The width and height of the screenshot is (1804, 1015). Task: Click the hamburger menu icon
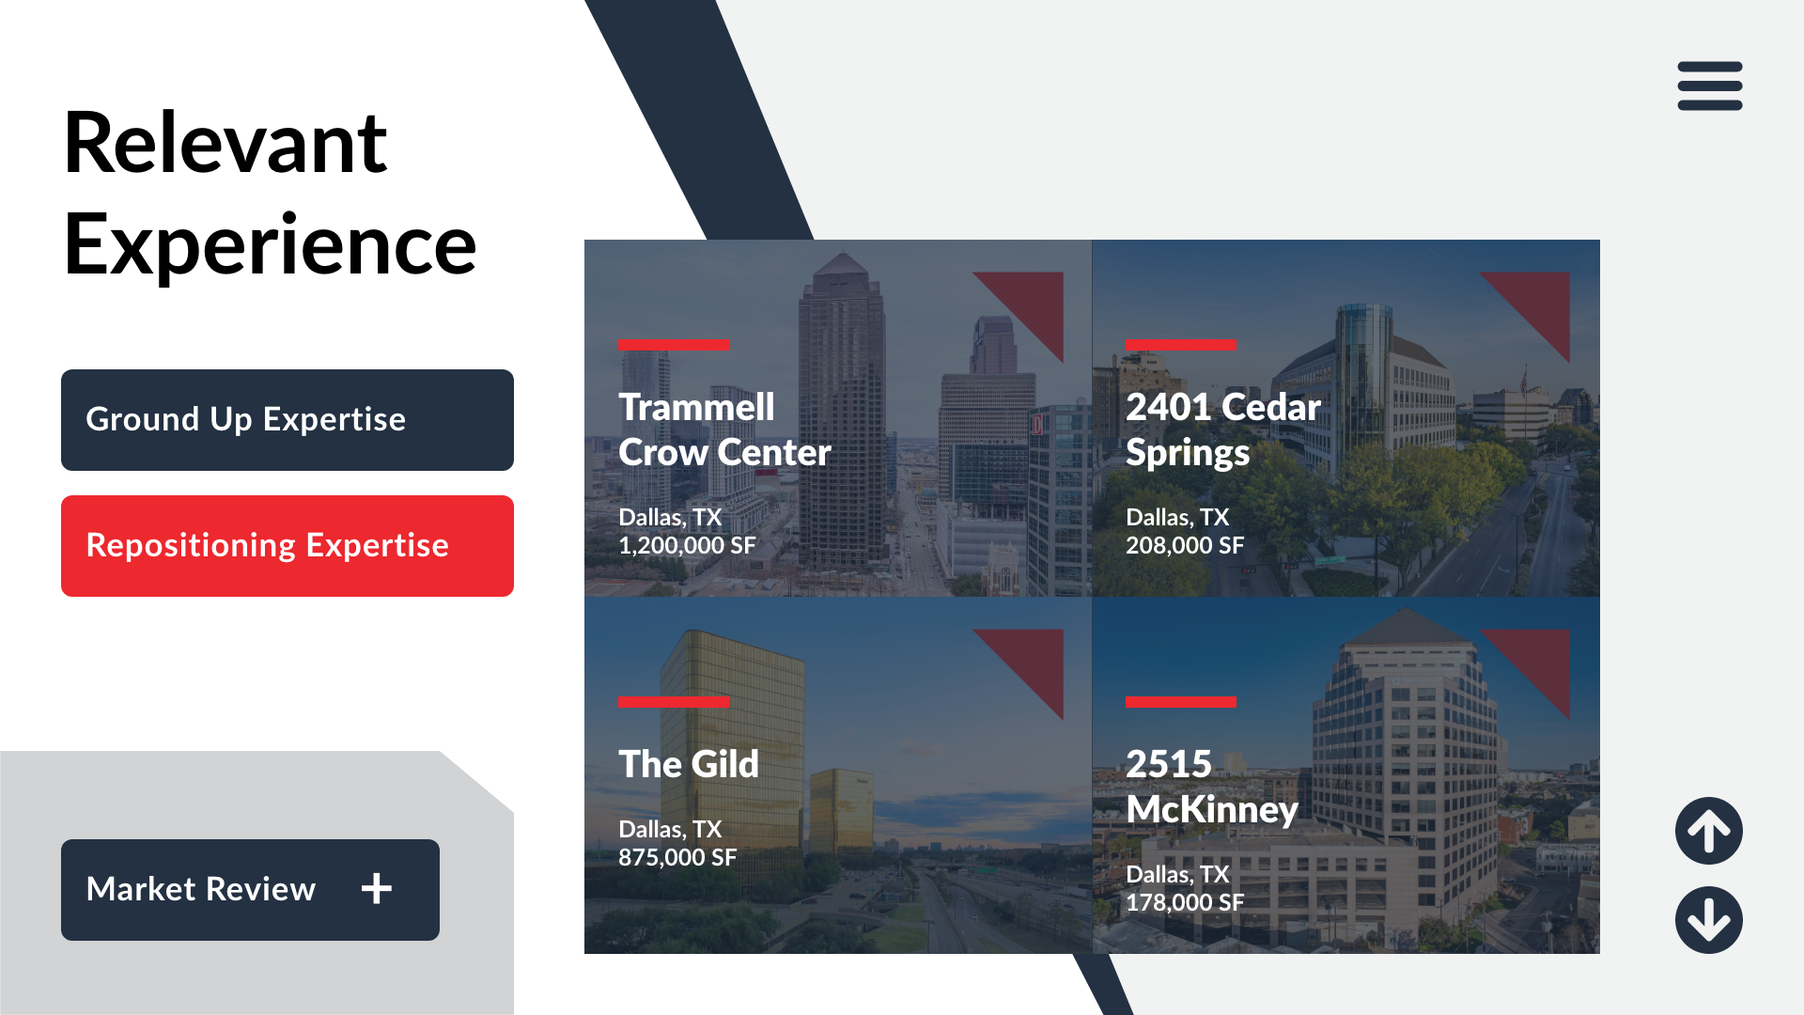pos(1710,86)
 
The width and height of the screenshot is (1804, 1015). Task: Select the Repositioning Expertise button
pos(288,546)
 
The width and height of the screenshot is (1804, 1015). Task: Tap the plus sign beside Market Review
pos(377,888)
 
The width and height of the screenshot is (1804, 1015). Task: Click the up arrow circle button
pos(1709,831)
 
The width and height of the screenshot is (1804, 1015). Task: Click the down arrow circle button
pos(1709,920)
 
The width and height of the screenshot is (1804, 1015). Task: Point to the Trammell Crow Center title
pos(724,429)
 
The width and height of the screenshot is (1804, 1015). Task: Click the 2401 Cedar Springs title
pos(1223,429)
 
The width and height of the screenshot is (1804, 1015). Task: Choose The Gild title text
pos(689,764)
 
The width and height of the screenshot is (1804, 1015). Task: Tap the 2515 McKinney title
pos(1212,787)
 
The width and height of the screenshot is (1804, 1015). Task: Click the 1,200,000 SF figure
pos(687,545)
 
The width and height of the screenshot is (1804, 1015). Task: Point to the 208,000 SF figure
pos(1185,545)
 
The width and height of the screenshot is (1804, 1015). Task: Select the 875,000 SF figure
pos(677,857)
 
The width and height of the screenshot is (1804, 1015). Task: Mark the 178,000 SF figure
pos(1185,902)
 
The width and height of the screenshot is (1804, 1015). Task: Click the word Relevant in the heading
pos(225,143)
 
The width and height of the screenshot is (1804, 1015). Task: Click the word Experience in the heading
pos(271,244)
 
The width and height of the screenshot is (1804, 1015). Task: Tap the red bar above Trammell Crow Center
pos(673,345)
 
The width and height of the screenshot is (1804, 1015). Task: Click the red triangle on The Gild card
pos(1034,659)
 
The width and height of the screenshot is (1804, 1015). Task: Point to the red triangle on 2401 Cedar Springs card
pos(1540,302)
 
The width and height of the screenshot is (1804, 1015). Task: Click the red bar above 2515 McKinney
pos(1180,702)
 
